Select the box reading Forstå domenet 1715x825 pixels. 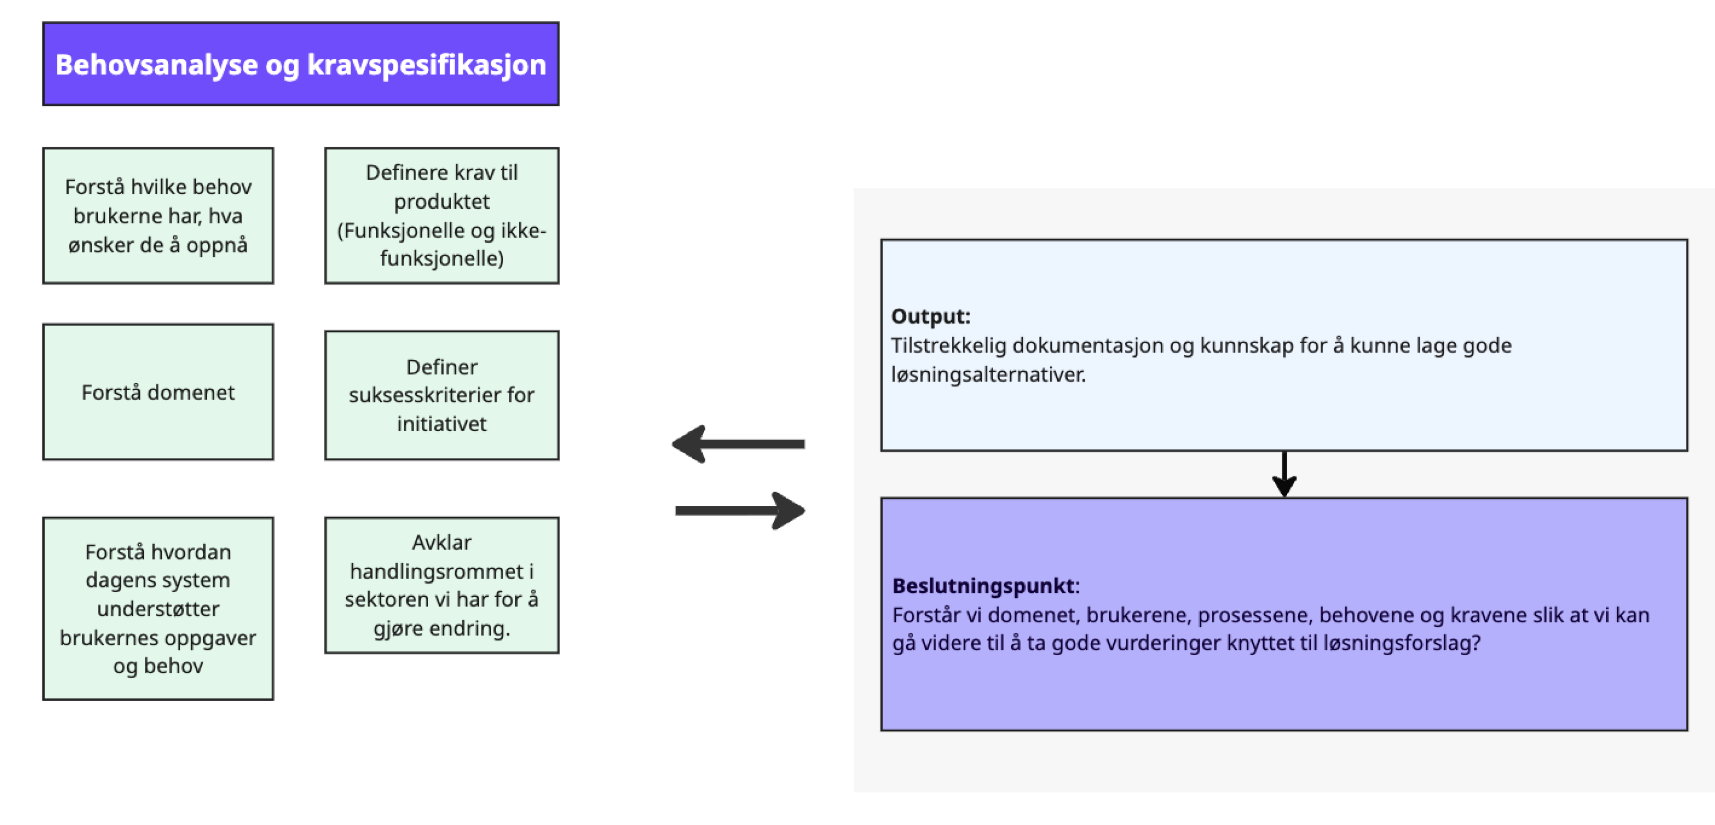(158, 392)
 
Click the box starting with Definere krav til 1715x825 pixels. (441, 215)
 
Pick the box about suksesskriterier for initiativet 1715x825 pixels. (441, 395)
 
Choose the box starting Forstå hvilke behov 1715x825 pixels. (158, 215)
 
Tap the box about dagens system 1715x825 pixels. (158, 608)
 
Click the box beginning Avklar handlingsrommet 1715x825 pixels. (441, 584)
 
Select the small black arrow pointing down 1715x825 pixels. (1284, 474)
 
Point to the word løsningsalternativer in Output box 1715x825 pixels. (988, 374)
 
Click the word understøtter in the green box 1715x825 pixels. (158, 609)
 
